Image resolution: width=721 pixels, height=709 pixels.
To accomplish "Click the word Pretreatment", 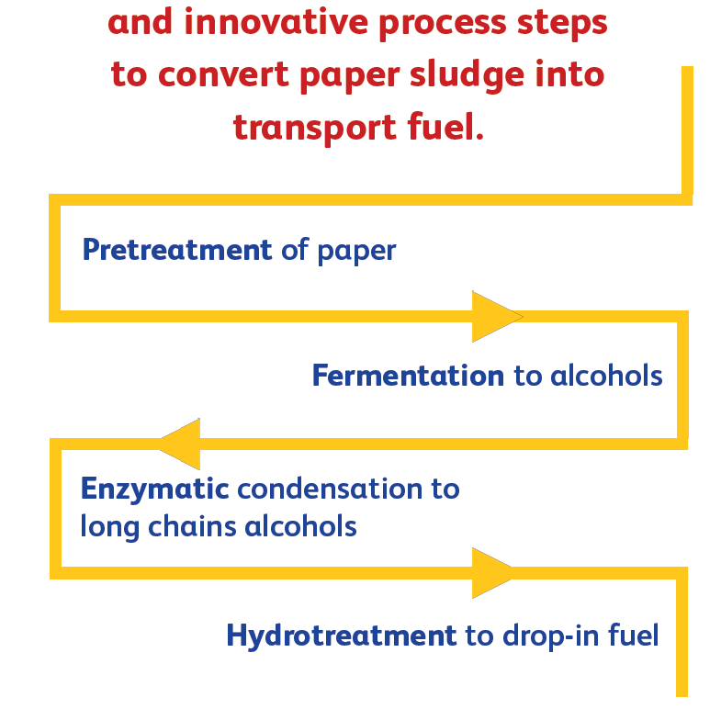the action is click(x=177, y=250).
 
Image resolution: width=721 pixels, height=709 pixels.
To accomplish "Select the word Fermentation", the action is click(x=409, y=376).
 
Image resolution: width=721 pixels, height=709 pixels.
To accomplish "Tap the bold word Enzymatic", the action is click(x=154, y=490).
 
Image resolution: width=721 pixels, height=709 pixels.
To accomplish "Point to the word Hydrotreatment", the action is click(x=342, y=636).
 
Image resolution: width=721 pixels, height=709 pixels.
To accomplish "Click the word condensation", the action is click(x=330, y=489).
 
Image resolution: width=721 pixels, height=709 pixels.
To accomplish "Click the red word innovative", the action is click(x=276, y=23).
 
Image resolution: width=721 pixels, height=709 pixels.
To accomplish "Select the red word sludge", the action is click(x=467, y=75).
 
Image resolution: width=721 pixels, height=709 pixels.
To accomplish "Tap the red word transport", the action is click(x=315, y=128).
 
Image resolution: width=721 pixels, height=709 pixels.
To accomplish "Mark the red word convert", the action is click(x=223, y=74).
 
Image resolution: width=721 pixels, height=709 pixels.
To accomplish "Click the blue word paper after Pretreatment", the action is click(x=356, y=252).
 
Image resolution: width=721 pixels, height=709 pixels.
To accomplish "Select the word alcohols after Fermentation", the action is click(x=606, y=376).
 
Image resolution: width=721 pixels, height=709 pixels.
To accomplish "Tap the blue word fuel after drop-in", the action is click(x=633, y=636).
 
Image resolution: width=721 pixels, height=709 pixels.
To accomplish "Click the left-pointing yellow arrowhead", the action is click(x=180, y=445).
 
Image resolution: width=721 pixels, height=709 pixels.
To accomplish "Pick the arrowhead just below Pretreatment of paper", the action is click(x=498, y=316).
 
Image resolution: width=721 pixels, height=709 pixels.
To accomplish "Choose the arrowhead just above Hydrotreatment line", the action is click(x=492, y=573).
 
